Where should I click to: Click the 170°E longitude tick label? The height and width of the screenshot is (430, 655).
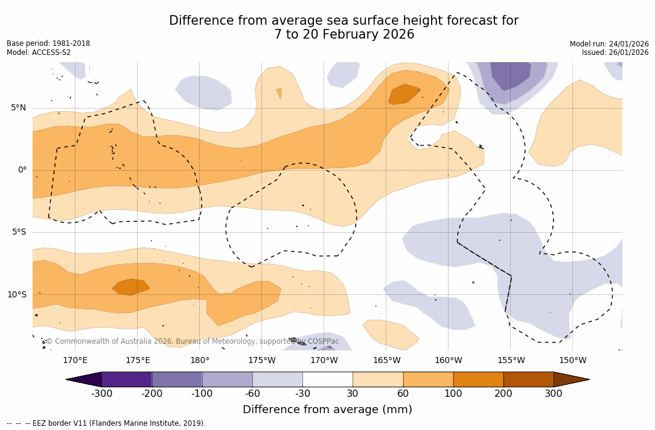click(x=75, y=361)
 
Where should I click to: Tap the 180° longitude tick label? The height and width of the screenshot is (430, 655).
click(x=200, y=361)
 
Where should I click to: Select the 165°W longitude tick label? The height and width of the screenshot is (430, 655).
click(x=386, y=361)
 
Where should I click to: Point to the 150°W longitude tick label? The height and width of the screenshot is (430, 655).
click(x=572, y=361)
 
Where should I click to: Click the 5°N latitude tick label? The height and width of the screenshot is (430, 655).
click(x=18, y=108)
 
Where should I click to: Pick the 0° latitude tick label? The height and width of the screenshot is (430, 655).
click(x=22, y=170)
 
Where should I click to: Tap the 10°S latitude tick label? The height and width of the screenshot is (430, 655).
click(x=16, y=295)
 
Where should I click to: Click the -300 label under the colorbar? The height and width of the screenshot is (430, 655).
click(x=101, y=394)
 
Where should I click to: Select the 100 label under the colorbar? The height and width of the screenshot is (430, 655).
click(x=453, y=394)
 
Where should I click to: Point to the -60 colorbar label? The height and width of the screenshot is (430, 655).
click(x=252, y=394)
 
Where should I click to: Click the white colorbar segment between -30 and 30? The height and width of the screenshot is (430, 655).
click(x=327, y=379)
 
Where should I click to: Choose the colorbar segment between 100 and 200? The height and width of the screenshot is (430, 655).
click(x=478, y=379)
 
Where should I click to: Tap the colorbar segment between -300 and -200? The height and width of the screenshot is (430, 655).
click(x=127, y=379)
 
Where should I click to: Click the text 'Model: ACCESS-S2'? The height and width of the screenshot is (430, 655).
click(x=39, y=52)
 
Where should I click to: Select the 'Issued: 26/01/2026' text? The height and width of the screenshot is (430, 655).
click(x=615, y=52)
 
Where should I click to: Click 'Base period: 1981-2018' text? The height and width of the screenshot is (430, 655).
click(x=48, y=43)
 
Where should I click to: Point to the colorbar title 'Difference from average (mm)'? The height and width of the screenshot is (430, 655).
click(x=327, y=410)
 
